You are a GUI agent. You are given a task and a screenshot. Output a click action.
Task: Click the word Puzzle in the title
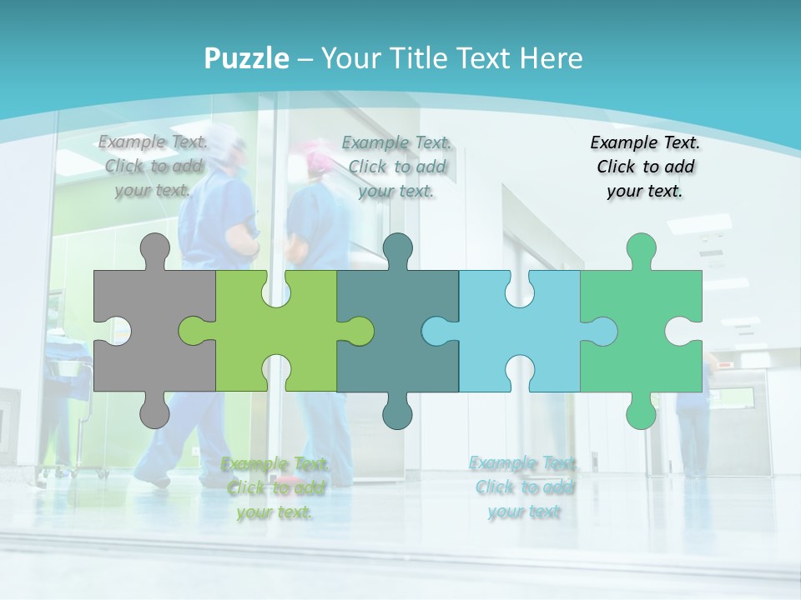pyautogui.click(x=247, y=59)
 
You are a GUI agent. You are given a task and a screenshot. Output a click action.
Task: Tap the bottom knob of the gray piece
pyautogui.click(x=154, y=411)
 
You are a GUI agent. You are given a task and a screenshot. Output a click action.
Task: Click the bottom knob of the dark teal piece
pyautogui.click(x=397, y=411)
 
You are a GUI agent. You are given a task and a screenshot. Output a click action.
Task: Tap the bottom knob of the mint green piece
pyautogui.click(x=641, y=411)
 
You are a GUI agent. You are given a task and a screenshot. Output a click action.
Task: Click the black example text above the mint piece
pyautogui.click(x=645, y=167)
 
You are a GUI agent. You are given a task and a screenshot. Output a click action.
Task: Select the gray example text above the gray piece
pyautogui.click(x=154, y=166)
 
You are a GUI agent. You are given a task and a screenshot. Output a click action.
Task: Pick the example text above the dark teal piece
pyautogui.click(x=396, y=167)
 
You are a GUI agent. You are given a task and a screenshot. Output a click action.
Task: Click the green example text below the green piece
pyautogui.click(x=275, y=488)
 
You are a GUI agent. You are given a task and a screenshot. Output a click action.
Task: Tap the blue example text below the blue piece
pyautogui.click(x=523, y=487)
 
